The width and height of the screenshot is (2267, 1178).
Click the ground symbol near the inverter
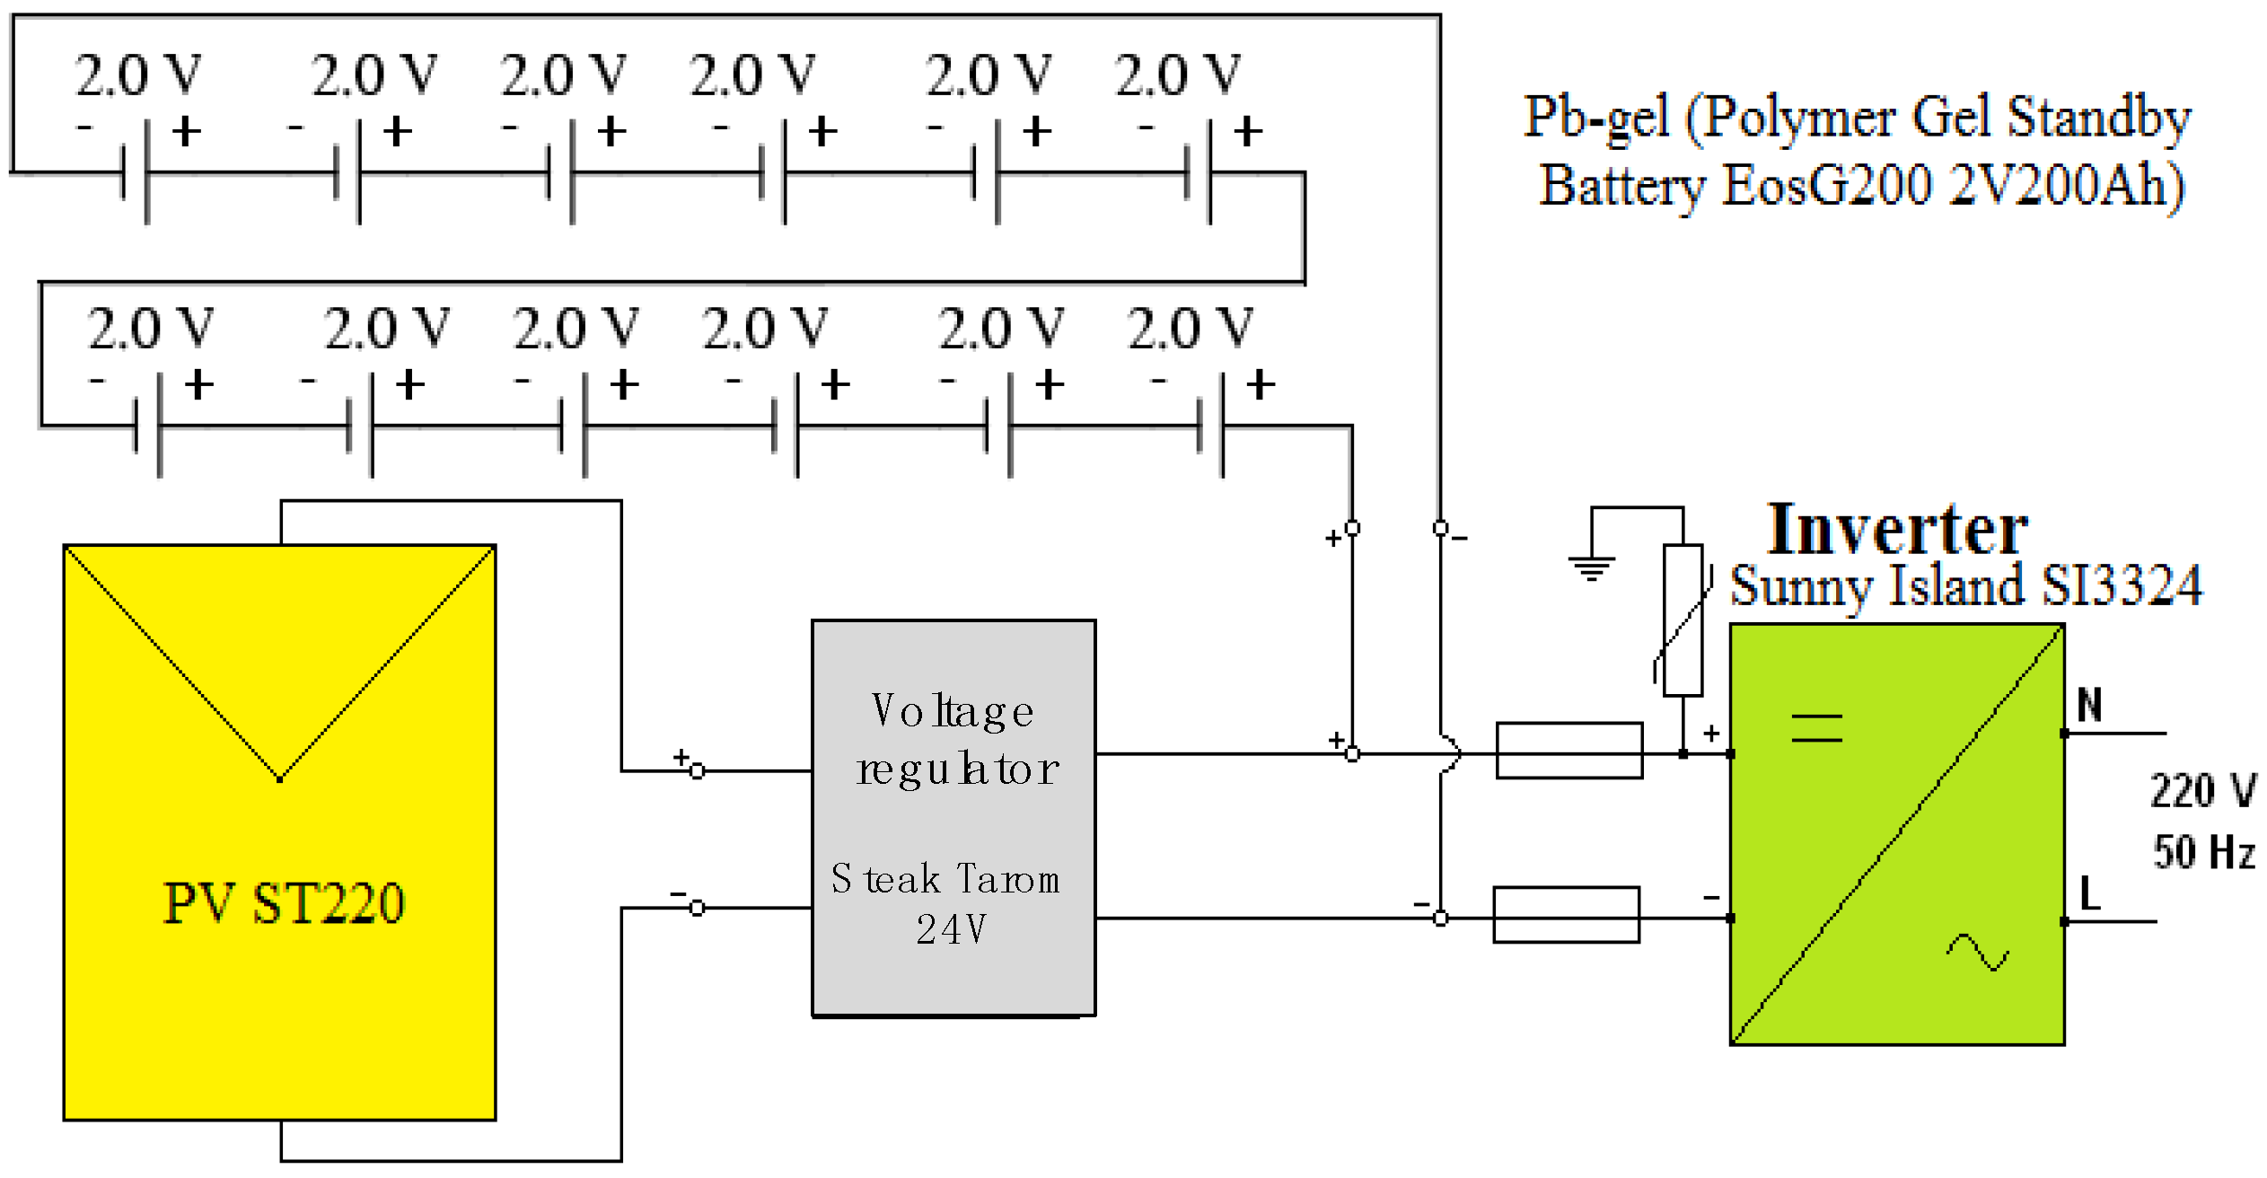point(1591,567)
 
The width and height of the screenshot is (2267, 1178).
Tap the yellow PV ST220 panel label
point(284,902)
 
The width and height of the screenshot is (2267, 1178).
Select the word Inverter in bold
point(1896,530)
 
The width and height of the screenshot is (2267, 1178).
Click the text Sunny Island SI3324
point(1965,586)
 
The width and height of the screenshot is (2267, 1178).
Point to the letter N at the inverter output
point(2090,705)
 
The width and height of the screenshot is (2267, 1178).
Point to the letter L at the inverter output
point(2090,893)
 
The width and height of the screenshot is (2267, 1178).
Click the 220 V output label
point(2202,791)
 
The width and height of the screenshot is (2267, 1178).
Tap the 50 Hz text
point(2204,852)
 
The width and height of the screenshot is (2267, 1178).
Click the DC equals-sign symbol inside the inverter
point(1816,727)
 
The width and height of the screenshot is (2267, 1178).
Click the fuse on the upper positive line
point(1568,751)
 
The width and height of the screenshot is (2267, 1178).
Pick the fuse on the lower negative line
point(1566,915)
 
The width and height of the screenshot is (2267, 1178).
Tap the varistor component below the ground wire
point(1683,620)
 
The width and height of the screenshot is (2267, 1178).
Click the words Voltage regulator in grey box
point(955,740)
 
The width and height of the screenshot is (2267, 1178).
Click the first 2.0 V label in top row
point(137,75)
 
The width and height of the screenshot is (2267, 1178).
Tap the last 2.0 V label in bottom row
point(1189,329)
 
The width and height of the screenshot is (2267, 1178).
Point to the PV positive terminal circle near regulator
point(698,770)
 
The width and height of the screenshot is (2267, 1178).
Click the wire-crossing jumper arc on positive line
point(1449,754)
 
